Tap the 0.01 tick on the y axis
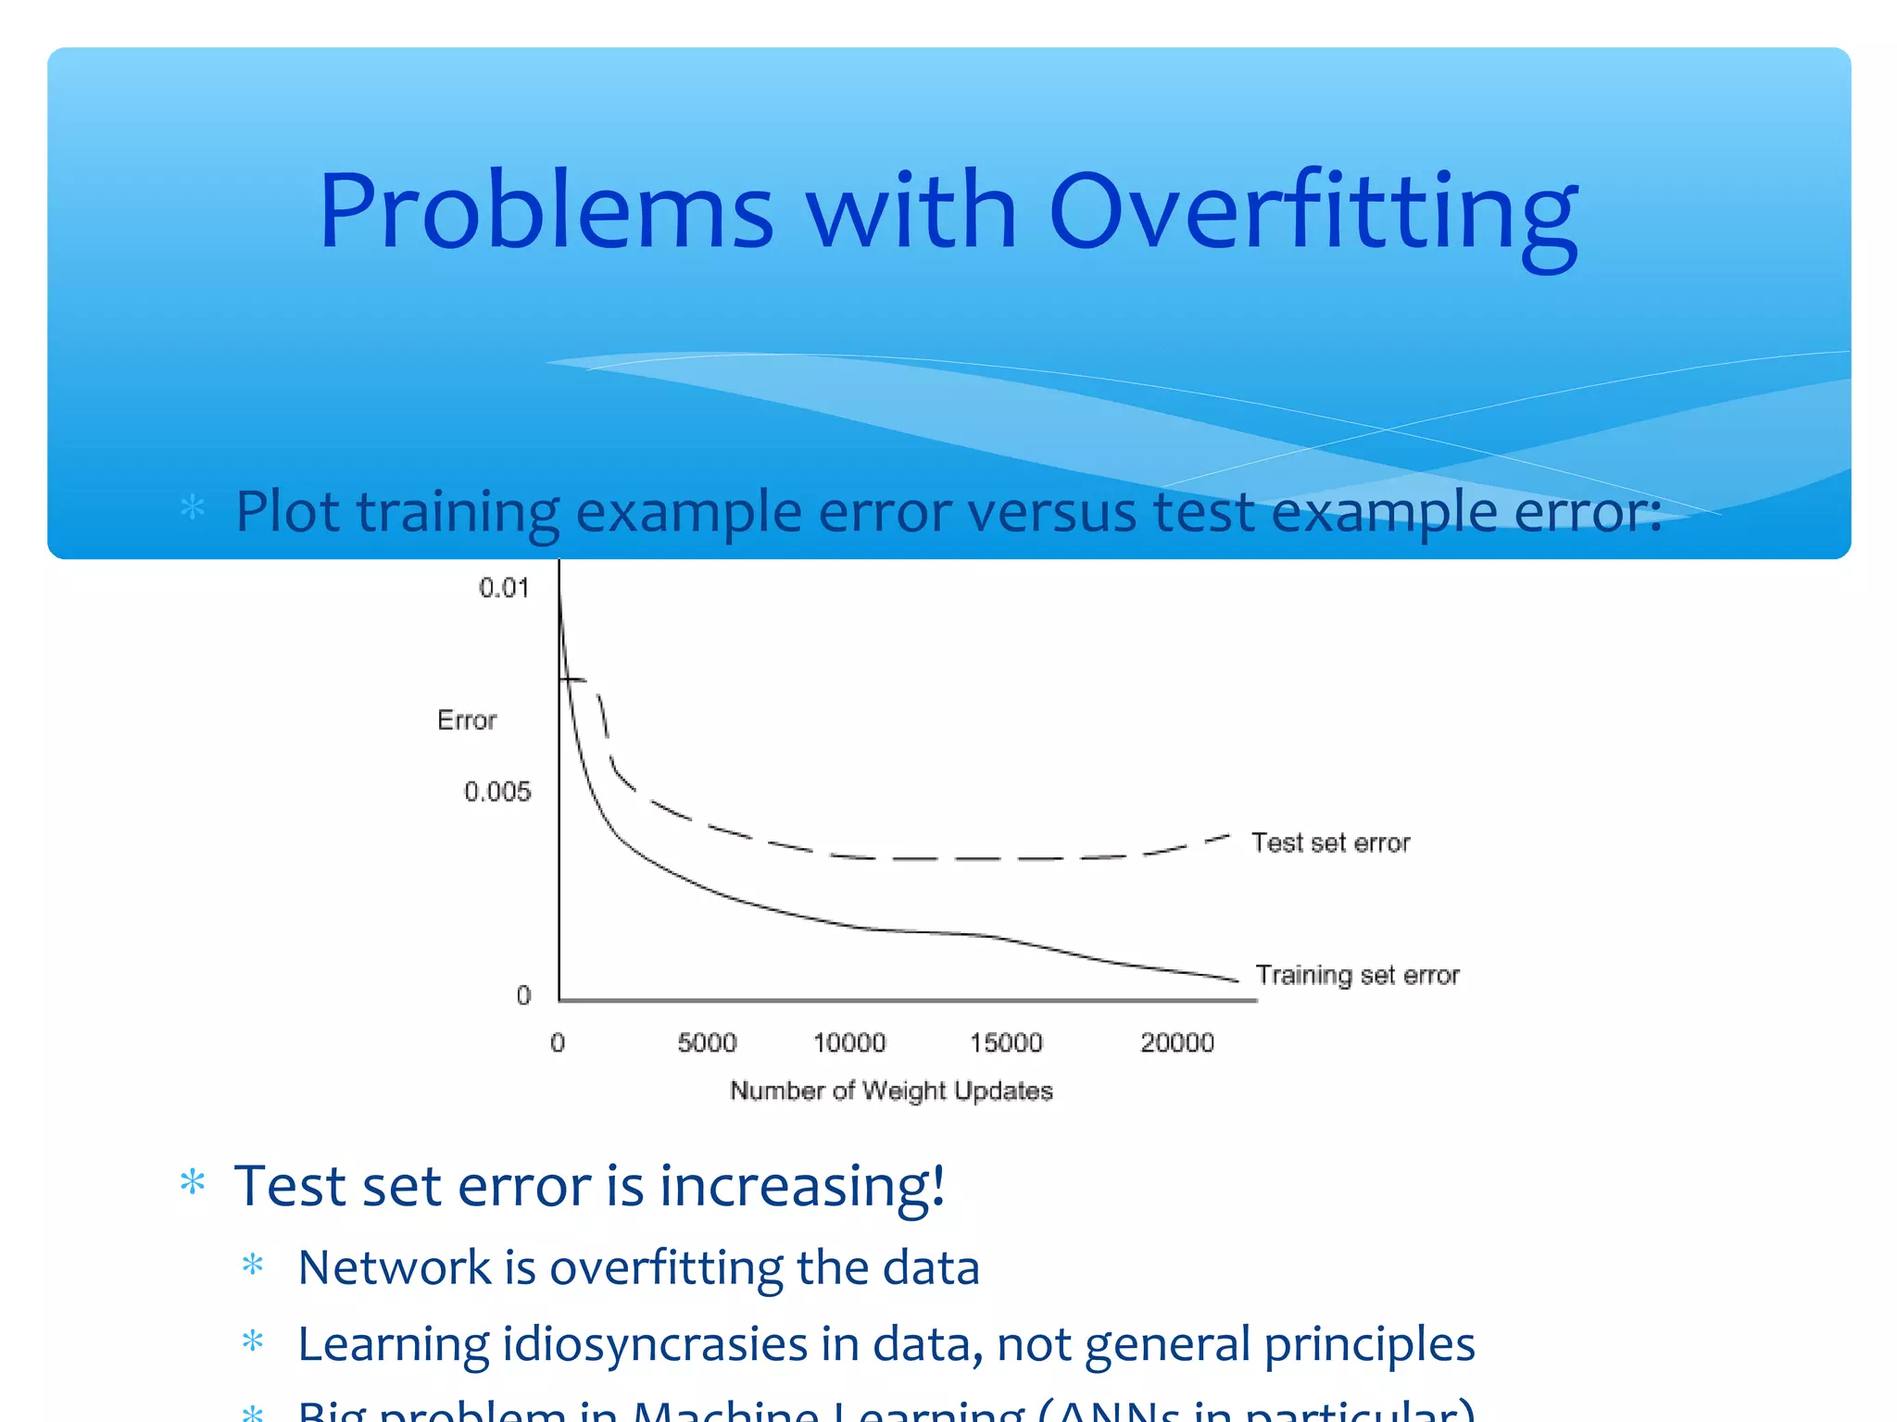(x=504, y=588)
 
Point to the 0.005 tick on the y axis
(x=497, y=792)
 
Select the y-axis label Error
(x=467, y=720)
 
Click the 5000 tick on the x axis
(x=707, y=1043)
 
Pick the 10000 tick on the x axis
(x=849, y=1043)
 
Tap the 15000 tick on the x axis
(x=1006, y=1043)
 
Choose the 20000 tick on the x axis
(x=1176, y=1043)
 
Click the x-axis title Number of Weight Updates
(x=891, y=1091)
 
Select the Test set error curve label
(x=1330, y=842)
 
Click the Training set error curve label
(x=1357, y=975)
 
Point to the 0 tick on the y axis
(x=524, y=995)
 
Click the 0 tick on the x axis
(x=558, y=1043)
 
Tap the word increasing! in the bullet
(x=801, y=1186)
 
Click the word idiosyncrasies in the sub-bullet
(x=654, y=1344)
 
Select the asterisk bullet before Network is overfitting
(x=253, y=1266)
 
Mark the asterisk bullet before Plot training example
(x=193, y=508)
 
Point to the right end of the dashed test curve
(x=1227, y=836)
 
